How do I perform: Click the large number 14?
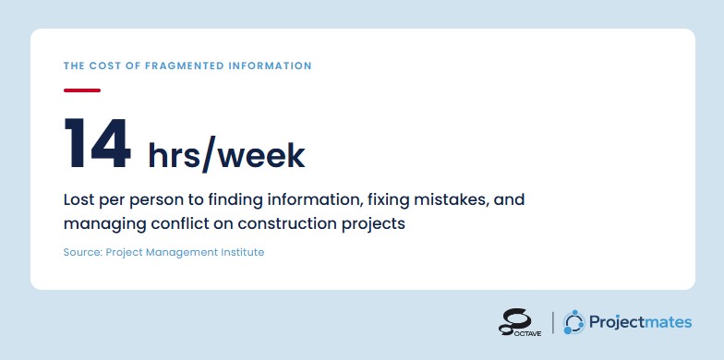pos(98,143)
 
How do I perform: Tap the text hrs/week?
pos(226,155)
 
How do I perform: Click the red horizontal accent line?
pos(82,90)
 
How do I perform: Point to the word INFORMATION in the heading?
pos(270,66)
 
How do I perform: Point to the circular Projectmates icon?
pos(574,322)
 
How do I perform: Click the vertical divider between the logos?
pos(552,322)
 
